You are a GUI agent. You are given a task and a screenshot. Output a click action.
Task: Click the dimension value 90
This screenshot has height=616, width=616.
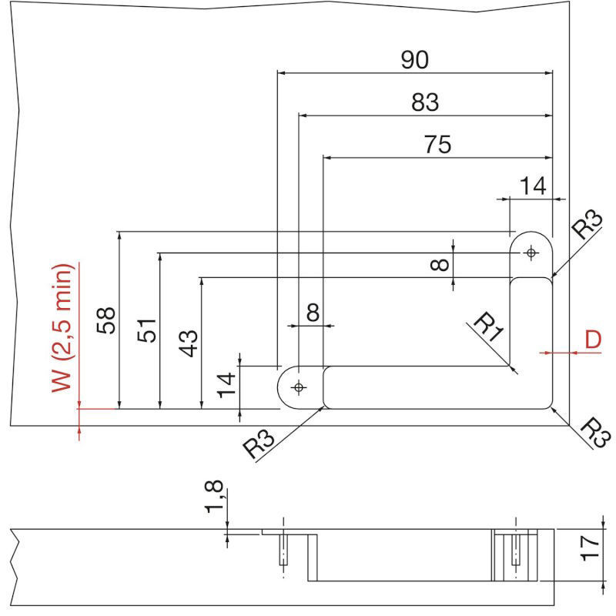414,60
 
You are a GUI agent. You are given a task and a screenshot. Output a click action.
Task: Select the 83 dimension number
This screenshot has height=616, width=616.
424,102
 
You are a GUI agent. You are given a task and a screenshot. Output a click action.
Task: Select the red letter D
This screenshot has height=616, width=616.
593,340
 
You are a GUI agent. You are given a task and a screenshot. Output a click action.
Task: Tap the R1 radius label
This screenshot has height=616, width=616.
487,326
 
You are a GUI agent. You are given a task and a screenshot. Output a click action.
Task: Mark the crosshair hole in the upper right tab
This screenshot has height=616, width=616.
531,253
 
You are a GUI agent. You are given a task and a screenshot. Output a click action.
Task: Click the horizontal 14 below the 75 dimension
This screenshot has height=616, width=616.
533,186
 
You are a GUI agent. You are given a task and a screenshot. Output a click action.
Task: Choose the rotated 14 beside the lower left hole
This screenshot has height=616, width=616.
226,383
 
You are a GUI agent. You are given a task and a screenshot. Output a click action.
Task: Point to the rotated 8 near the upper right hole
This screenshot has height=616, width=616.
438,265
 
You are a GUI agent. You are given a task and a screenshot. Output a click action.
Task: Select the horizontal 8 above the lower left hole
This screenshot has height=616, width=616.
312,313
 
